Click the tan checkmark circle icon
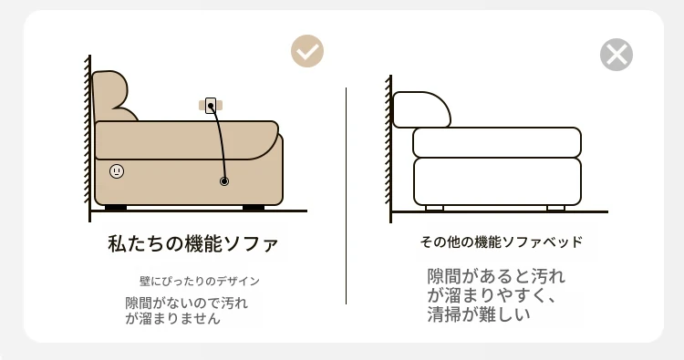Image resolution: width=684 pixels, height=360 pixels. pos(307,51)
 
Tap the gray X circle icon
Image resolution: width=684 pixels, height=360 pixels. pos(616,55)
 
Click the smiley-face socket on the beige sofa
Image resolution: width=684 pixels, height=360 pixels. pos(117,171)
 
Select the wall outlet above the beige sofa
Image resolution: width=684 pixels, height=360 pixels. pos(211,106)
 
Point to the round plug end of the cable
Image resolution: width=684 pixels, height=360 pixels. pos(224,181)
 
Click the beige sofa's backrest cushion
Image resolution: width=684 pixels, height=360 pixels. pos(111,97)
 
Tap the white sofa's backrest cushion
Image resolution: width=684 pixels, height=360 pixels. pos(421,109)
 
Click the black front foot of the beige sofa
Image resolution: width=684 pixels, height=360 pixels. pos(254,208)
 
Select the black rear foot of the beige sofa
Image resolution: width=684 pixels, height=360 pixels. pos(116,208)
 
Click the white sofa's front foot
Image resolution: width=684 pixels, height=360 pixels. pos(555,209)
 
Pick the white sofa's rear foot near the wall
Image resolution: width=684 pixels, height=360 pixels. pos(434,209)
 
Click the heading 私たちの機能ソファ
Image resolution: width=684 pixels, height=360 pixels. pos(192,243)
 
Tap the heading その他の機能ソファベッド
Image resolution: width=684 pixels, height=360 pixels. pos(502,242)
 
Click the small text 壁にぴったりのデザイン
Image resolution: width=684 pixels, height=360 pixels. pos(200,281)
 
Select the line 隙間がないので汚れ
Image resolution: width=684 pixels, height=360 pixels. pos(187,303)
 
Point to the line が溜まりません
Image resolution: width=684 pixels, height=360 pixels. pos(172,319)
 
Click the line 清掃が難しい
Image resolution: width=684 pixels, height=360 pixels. pos(479,314)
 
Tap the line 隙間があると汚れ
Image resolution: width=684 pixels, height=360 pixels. pos(496,276)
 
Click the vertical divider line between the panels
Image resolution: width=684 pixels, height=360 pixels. pos(346,196)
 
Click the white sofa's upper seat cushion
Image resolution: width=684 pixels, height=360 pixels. pos(497,142)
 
